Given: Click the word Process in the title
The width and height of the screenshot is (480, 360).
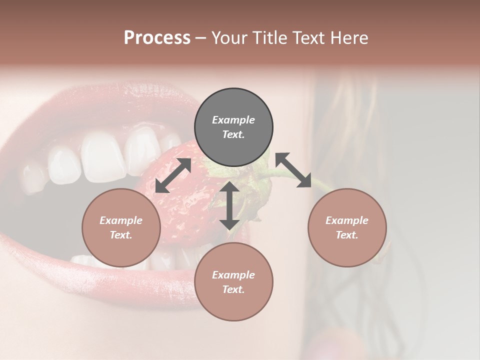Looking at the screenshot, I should click(x=157, y=38).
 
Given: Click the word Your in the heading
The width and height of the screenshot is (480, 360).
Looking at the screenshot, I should click(x=232, y=38).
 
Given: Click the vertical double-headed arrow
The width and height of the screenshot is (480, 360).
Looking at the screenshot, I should click(x=229, y=205).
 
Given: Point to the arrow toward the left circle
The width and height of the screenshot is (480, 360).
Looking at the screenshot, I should click(x=173, y=175).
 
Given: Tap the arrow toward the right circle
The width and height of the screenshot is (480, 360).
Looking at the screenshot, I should click(x=293, y=170).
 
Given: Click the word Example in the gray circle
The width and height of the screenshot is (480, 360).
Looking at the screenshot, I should click(x=233, y=120).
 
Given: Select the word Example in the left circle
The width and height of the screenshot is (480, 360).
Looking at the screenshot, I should click(x=121, y=220).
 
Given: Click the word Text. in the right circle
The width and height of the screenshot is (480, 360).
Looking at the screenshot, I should click(x=347, y=235).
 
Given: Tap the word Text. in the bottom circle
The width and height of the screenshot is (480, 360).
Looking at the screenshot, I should click(x=233, y=289).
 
